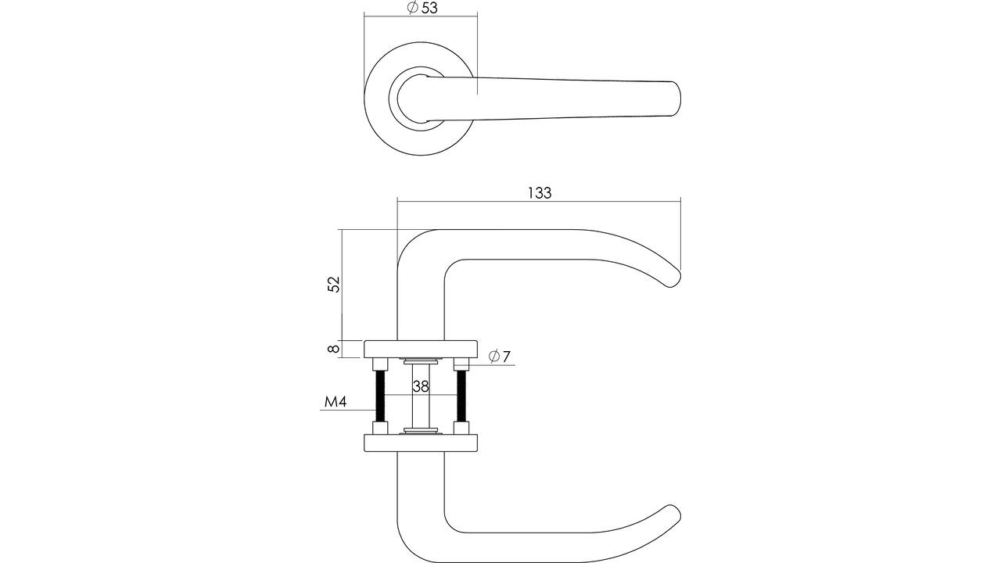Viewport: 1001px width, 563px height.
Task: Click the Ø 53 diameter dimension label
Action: (422, 8)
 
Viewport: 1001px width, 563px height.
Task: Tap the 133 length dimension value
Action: (540, 193)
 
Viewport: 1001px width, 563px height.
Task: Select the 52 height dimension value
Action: (334, 284)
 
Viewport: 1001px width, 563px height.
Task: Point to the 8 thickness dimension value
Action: (334, 349)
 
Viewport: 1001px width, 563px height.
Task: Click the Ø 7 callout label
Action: (499, 357)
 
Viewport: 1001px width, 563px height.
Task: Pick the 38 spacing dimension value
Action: (421, 386)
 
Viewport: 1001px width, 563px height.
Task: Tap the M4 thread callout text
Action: (335, 403)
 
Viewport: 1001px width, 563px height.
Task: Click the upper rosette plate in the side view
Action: (421, 349)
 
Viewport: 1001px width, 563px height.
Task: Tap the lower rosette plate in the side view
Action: (421, 443)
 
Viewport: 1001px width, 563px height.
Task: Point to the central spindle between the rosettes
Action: (421, 396)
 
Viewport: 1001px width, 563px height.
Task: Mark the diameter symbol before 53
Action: (412, 8)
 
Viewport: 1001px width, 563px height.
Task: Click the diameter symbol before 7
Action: (493, 357)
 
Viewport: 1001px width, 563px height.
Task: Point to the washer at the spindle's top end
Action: (421, 360)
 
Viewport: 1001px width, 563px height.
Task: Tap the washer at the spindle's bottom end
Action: (421, 431)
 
